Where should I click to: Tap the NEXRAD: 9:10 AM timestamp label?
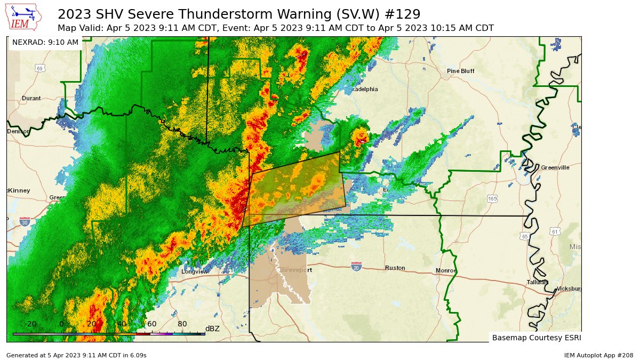[45, 42]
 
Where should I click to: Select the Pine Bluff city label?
[460, 71]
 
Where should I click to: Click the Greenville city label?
[555, 167]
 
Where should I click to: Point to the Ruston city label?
[395, 268]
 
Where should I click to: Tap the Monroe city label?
[446, 270]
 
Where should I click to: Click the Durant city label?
[31, 98]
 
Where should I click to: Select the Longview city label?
[194, 271]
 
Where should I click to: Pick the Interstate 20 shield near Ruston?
[357, 266]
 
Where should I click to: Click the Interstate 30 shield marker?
[25, 221]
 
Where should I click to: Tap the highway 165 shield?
[492, 198]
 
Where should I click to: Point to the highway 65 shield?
[525, 235]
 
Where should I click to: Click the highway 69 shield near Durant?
[40, 68]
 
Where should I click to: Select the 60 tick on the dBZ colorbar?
[151, 324]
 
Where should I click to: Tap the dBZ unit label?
[212, 329]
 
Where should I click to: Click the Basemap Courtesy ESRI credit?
[536, 338]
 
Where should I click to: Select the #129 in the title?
[404, 14]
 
